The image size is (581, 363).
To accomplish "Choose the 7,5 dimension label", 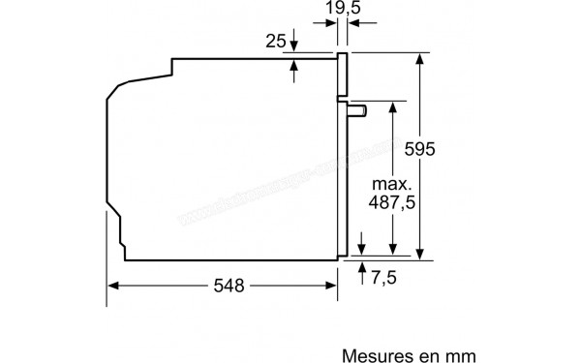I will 384,278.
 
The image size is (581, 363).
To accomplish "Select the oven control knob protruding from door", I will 358,110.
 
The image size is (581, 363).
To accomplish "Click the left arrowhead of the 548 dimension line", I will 113,286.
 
